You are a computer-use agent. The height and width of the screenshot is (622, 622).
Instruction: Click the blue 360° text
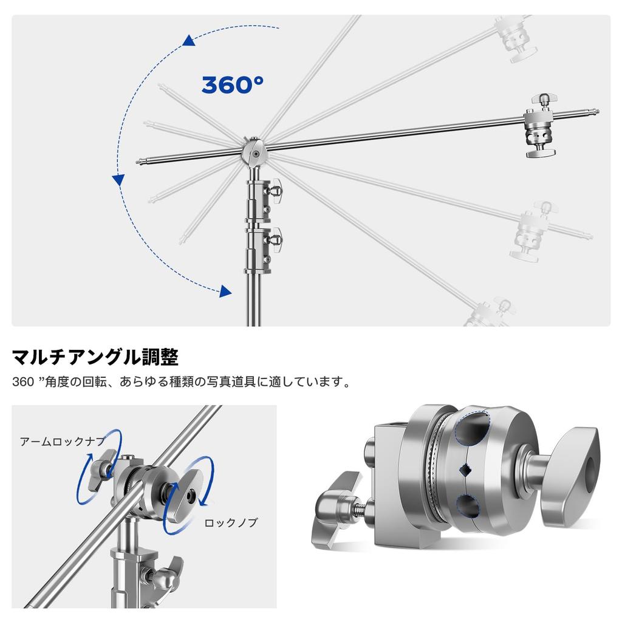coord(233,84)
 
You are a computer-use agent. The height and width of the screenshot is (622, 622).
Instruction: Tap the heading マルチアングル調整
coord(95,357)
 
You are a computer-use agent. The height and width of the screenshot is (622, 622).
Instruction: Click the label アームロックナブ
coord(63,441)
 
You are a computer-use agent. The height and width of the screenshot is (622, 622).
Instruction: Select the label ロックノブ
coord(231,522)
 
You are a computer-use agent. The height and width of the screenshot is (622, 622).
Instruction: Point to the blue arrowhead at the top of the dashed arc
coord(188,40)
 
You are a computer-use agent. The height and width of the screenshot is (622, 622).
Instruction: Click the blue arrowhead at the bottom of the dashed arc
coord(225,291)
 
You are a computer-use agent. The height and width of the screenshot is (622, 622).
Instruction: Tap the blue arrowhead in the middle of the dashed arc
coord(118,180)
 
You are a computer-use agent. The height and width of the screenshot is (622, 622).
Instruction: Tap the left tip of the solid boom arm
coord(138,162)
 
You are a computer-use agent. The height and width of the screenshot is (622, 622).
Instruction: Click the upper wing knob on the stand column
coord(274,190)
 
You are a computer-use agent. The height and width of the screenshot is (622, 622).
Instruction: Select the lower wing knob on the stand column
coord(274,239)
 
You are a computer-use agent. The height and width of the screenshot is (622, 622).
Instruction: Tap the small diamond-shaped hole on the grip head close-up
coord(465,471)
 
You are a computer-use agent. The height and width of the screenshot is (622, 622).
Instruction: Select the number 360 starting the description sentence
coord(23,382)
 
